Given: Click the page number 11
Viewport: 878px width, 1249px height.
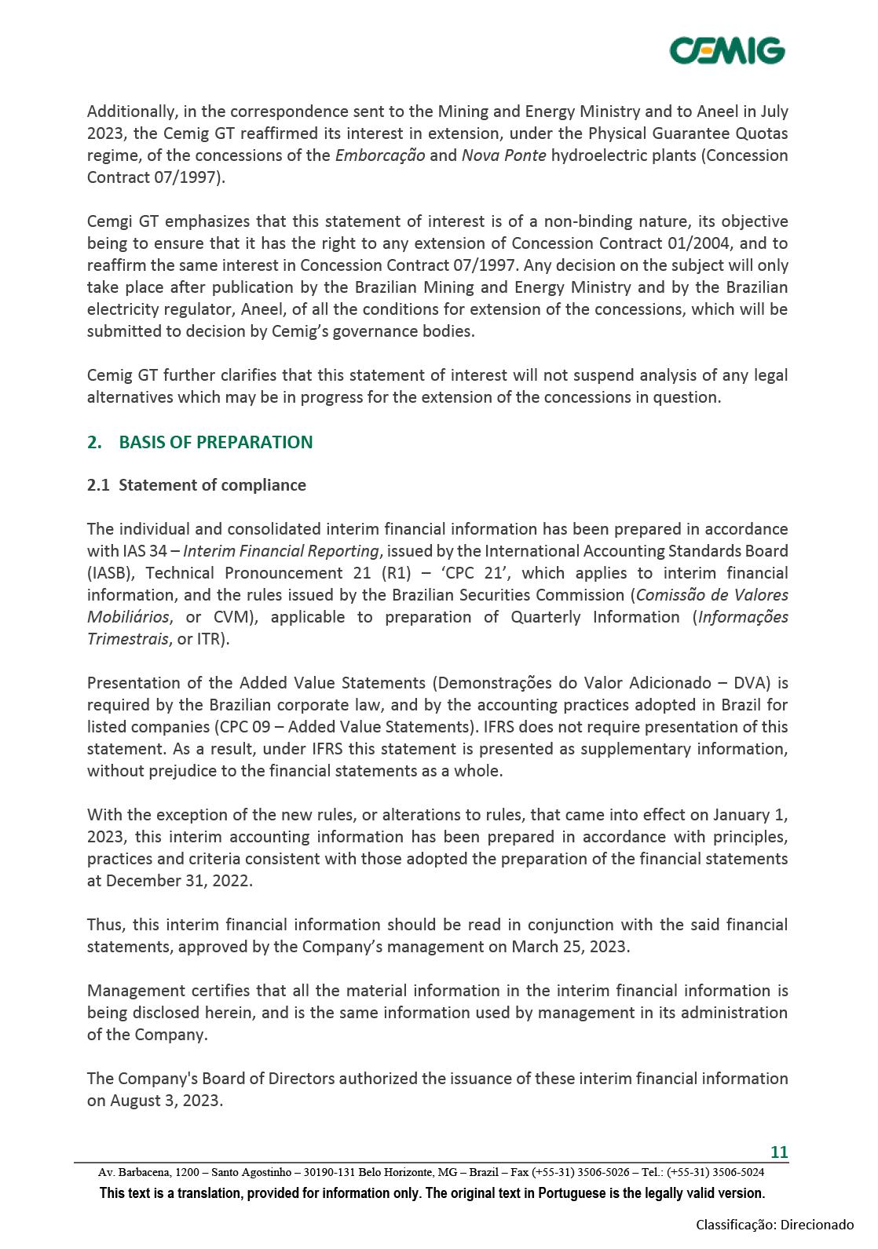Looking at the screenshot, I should [x=778, y=1152].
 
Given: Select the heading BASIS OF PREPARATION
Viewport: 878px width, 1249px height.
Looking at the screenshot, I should [x=215, y=442].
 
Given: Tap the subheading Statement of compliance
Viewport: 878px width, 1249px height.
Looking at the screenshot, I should [x=212, y=485].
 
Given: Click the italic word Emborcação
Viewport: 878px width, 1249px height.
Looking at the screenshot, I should [x=380, y=155].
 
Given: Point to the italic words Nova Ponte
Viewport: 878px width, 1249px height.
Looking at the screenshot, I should [x=503, y=155].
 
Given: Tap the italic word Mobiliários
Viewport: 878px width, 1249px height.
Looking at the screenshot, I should [x=128, y=617].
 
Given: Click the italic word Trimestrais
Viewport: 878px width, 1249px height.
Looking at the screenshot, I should [x=127, y=639].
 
